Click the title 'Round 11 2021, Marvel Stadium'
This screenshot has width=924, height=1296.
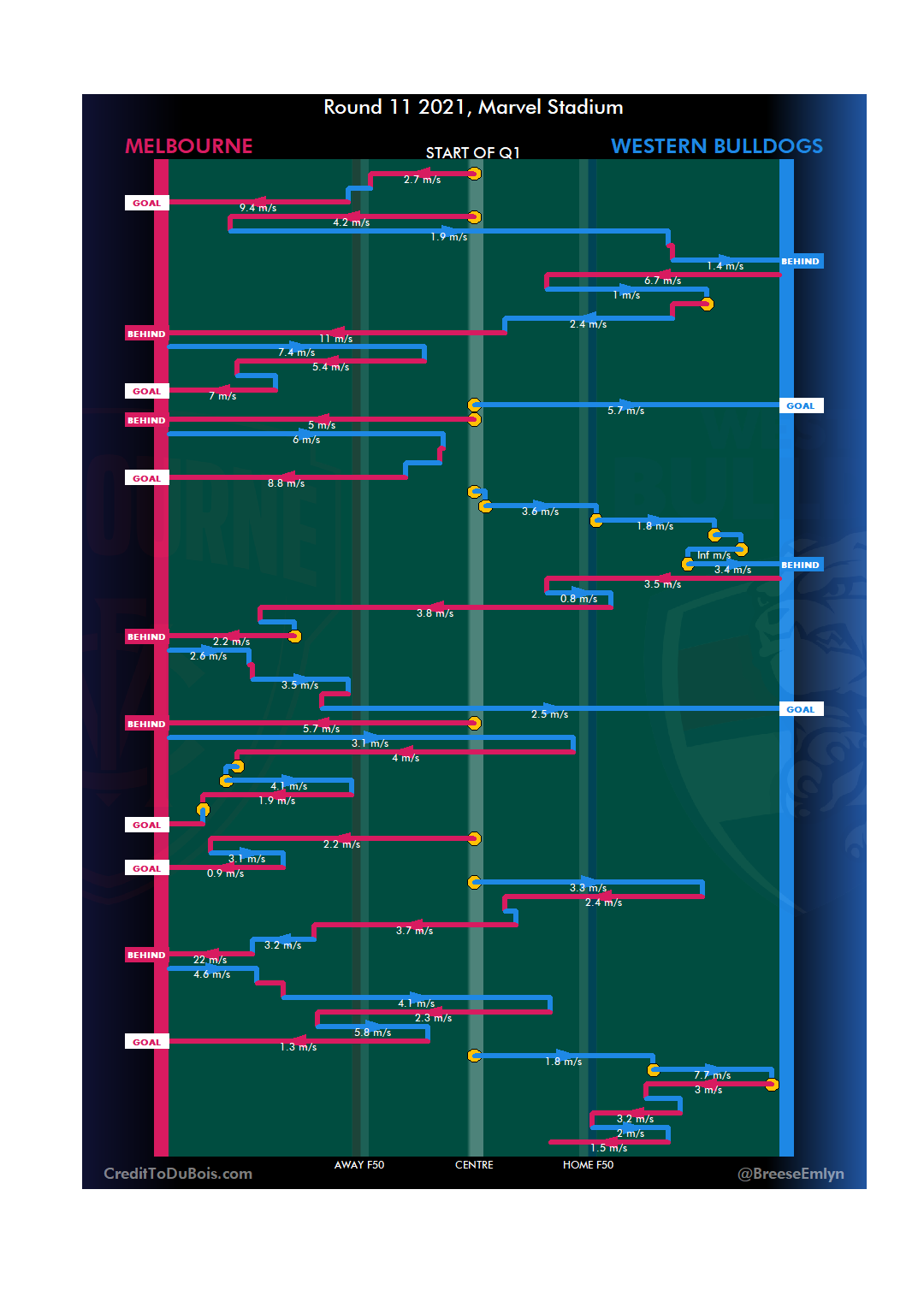tap(473, 107)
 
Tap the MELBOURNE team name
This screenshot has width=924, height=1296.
tap(189, 146)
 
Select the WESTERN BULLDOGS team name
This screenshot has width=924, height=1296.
tap(716, 146)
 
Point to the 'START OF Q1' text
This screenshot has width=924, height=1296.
tap(472, 153)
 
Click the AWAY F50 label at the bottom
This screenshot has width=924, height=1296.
tap(359, 1165)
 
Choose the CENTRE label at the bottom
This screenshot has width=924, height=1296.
tap(474, 1165)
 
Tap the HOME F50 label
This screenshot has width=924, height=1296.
tap(588, 1165)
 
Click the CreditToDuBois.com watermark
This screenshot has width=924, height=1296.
tap(178, 1174)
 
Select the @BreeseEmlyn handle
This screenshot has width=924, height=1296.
tap(791, 1174)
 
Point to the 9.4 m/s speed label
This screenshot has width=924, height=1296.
tap(258, 208)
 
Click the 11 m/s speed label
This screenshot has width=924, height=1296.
tap(336, 339)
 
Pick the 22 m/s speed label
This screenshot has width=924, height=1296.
tap(210, 960)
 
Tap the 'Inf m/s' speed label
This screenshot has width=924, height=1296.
tap(714, 555)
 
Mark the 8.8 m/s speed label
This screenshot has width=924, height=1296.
tap(286, 483)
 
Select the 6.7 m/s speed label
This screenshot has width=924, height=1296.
tap(662, 281)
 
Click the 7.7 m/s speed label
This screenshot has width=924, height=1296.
tap(712, 1075)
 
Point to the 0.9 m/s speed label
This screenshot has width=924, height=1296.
tap(225, 873)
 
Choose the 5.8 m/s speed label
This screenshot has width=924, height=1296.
tap(372, 1033)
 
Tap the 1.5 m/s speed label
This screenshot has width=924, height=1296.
tap(608, 1148)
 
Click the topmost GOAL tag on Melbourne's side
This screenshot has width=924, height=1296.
tap(146, 204)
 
